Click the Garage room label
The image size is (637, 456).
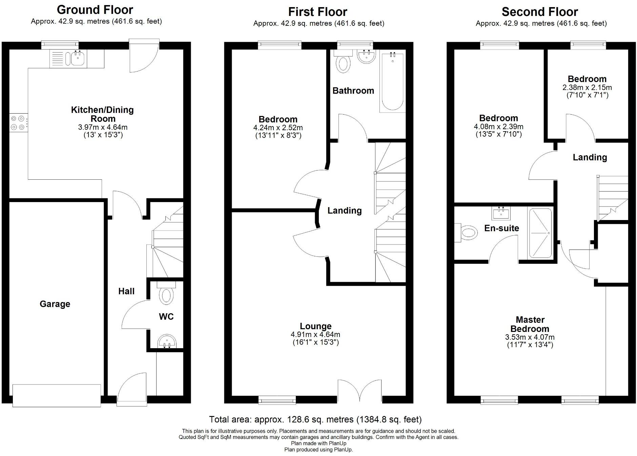[x=55, y=304]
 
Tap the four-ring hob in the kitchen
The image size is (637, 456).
[x=18, y=123]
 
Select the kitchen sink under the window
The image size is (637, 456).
[x=78, y=59]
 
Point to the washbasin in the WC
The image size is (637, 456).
[x=167, y=341]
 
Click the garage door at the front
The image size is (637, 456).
[x=57, y=395]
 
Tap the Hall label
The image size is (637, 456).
[x=126, y=291]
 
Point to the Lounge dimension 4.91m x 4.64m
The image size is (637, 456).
[x=315, y=334]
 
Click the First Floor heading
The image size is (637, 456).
[x=317, y=12]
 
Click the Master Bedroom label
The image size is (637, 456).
[x=530, y=324]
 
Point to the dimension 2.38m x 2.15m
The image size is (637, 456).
[x=587, y=87]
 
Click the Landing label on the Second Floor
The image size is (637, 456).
[x=590, y=157]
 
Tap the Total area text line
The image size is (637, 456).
[x=315, y=419]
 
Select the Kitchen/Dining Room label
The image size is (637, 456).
[x=102, y=114]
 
